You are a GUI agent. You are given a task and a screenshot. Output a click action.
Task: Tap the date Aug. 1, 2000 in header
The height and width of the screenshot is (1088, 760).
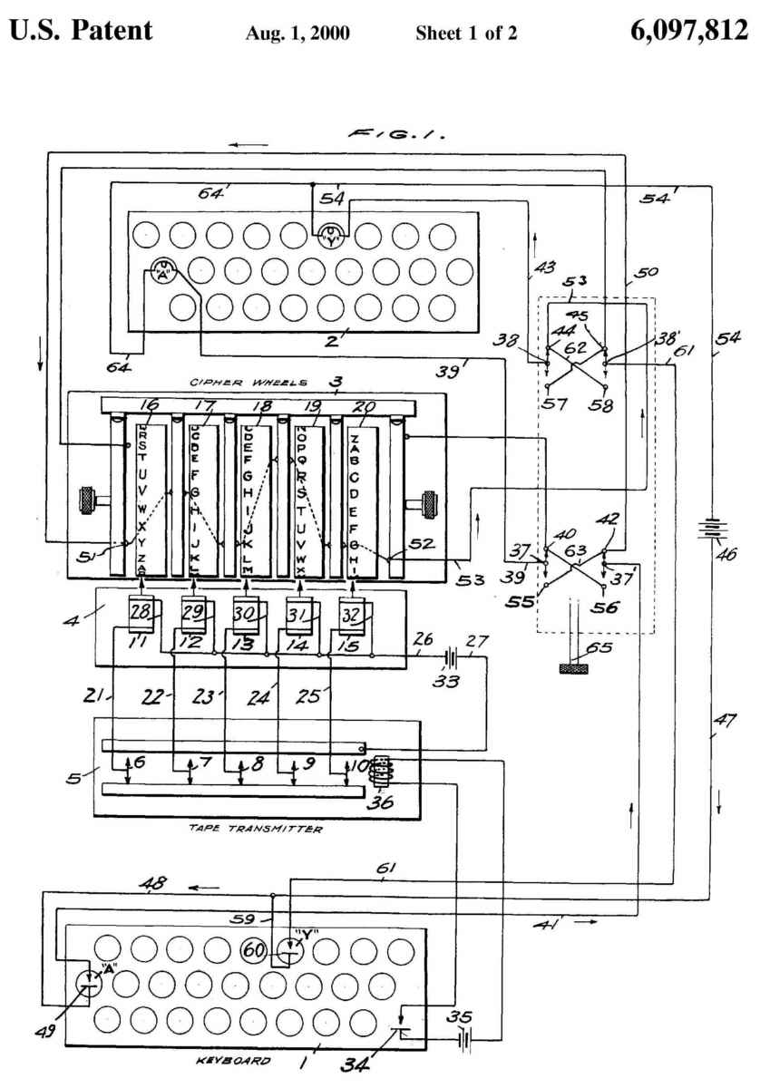[298, 34]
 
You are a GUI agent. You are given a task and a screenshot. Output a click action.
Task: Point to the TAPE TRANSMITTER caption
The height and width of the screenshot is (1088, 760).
[256, 828]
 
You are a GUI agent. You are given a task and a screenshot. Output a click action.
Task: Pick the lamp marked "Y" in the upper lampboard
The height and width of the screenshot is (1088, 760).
[331, 237]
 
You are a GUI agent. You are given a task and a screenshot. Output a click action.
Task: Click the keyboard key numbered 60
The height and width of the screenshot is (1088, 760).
[253, 950]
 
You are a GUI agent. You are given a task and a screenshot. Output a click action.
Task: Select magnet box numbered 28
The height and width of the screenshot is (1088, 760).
[140, 616]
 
